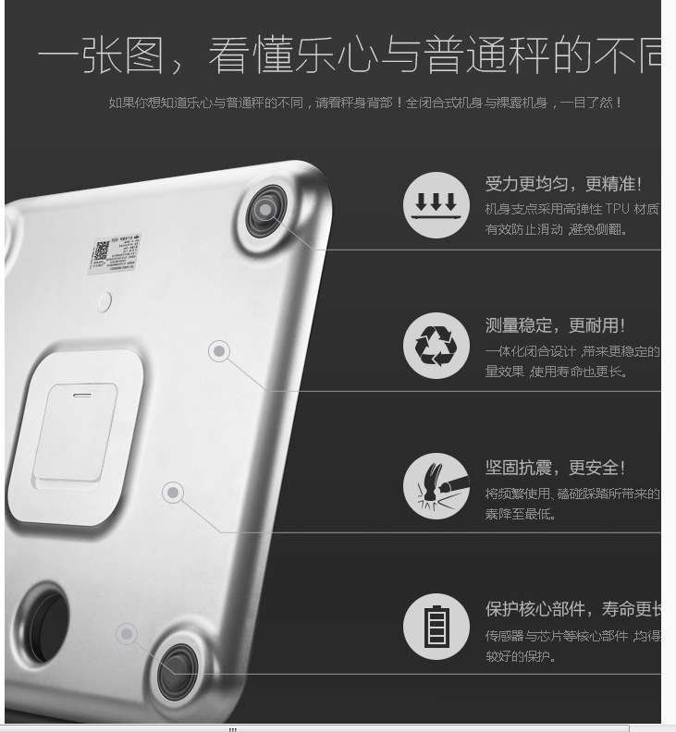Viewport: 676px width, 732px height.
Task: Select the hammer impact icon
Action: click(x=436, y=486)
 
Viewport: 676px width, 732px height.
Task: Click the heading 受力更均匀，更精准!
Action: click(x=563, y=184)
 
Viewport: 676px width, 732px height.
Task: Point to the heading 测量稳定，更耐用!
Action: click(x=556, y=325)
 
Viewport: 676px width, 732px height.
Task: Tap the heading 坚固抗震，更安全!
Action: click(x=556, y=468)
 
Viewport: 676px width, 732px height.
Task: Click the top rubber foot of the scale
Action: click(x=265, y=211)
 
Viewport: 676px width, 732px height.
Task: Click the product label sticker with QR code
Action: click(x=115, y=254)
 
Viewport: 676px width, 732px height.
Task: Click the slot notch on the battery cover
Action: click(x=83, y=393)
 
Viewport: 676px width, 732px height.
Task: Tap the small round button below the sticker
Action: click(x=105, y=300)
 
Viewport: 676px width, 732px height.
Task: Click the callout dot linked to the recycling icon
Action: click(x=219, y=351)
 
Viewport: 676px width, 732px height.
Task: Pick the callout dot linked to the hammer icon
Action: click(x=173, y=493)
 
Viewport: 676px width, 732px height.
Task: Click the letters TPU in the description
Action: click(x=618, y=210)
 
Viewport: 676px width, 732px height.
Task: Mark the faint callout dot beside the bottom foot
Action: click(x=127, y=634)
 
